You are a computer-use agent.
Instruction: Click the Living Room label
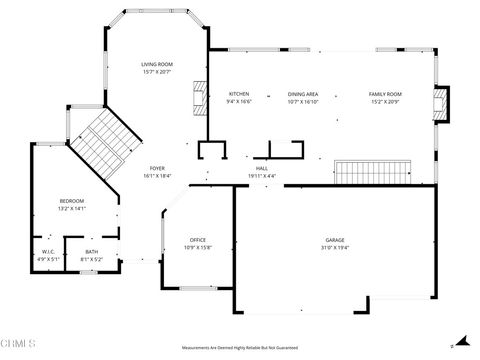(x=156, y=64)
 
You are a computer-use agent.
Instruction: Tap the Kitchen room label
(x=239, y=94)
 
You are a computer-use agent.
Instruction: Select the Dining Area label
(x=303, y=94)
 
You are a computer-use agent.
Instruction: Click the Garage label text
(x=334, y=240)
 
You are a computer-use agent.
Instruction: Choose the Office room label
(x=198, y=240)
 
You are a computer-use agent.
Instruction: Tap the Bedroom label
(x=71, y=202)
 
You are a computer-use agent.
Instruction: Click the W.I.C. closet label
(x=49, y=252)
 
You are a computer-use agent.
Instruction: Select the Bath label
(x=91, y=252)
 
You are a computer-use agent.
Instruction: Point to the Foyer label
(x=157, y=168)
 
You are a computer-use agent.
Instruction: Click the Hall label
(x=261, y=169)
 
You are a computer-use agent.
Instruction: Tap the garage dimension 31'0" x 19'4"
(x=334, y=247)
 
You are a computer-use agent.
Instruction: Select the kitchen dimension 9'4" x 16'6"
(x=239, y=101)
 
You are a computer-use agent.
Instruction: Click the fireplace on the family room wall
(x=440, y=103)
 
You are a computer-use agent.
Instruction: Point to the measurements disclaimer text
(x=240, y=348)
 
